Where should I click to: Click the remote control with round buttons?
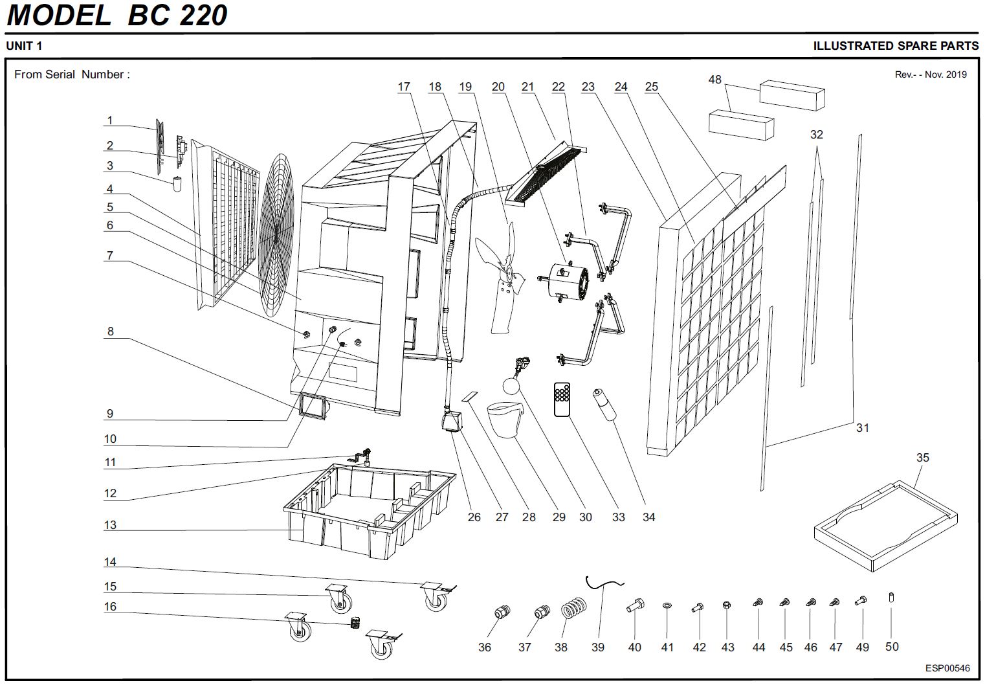click(x=562, y=399)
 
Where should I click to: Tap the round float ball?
click(x=510, y=387)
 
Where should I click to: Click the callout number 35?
click(x=922, y=458)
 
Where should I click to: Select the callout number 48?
click(x=714, y=80)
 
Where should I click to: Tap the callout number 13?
click(x=110, y=525)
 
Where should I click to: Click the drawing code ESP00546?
click(x=947, y=668)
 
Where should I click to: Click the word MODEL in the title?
click(x=59, y=16)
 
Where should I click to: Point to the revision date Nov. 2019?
click(x=946, y=74)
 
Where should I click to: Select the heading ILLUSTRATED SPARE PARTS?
click(x=896, y=46)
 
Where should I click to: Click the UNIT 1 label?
click(x=24, y=46)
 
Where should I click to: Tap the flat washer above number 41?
click(x=667, y=607)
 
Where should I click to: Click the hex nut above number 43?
click(x=727, y=606)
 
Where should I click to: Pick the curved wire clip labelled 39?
click(x=604, y=585)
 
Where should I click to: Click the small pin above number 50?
click(x=892, y=597)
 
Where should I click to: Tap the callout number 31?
click(x=862, y=428)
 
